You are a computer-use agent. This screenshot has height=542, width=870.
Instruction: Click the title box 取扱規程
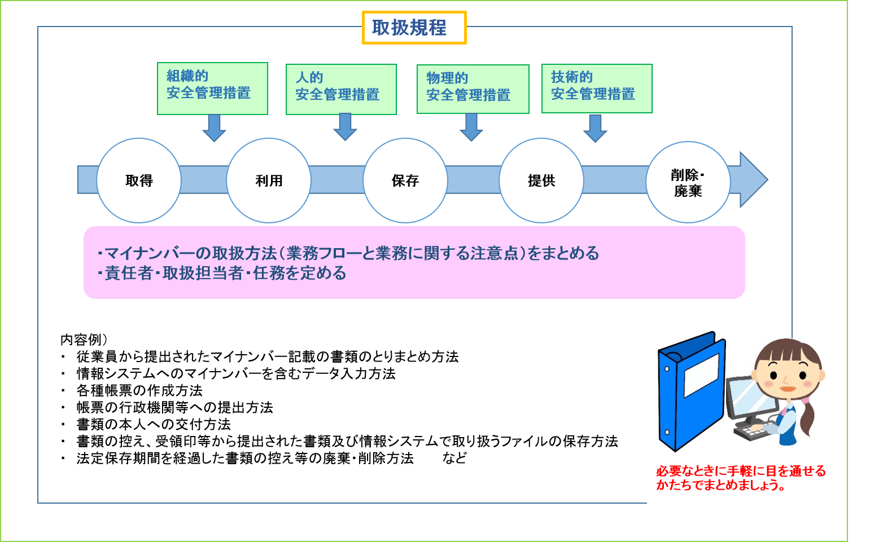[414, 28]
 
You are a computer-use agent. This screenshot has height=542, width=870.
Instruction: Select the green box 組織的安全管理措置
[212, 89]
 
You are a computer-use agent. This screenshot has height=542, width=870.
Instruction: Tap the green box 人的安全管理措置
[341, 89]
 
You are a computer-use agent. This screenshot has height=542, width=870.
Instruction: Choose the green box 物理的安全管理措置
[473, 89]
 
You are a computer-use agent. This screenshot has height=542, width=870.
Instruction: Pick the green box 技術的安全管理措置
[597, 89]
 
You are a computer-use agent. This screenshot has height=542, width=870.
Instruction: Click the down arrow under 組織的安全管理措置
[214, 128]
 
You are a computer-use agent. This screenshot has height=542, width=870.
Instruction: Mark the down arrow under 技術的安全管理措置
[595, 129]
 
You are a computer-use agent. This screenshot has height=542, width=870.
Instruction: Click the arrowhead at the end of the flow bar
[754, 179]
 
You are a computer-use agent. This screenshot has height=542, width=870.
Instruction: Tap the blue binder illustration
[692, 391]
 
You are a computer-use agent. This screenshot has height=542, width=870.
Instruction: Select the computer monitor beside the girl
[751, 400]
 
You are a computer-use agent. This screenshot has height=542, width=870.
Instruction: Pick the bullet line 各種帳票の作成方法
[139, 390]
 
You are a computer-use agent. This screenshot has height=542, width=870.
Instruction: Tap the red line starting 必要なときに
[741, 471]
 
